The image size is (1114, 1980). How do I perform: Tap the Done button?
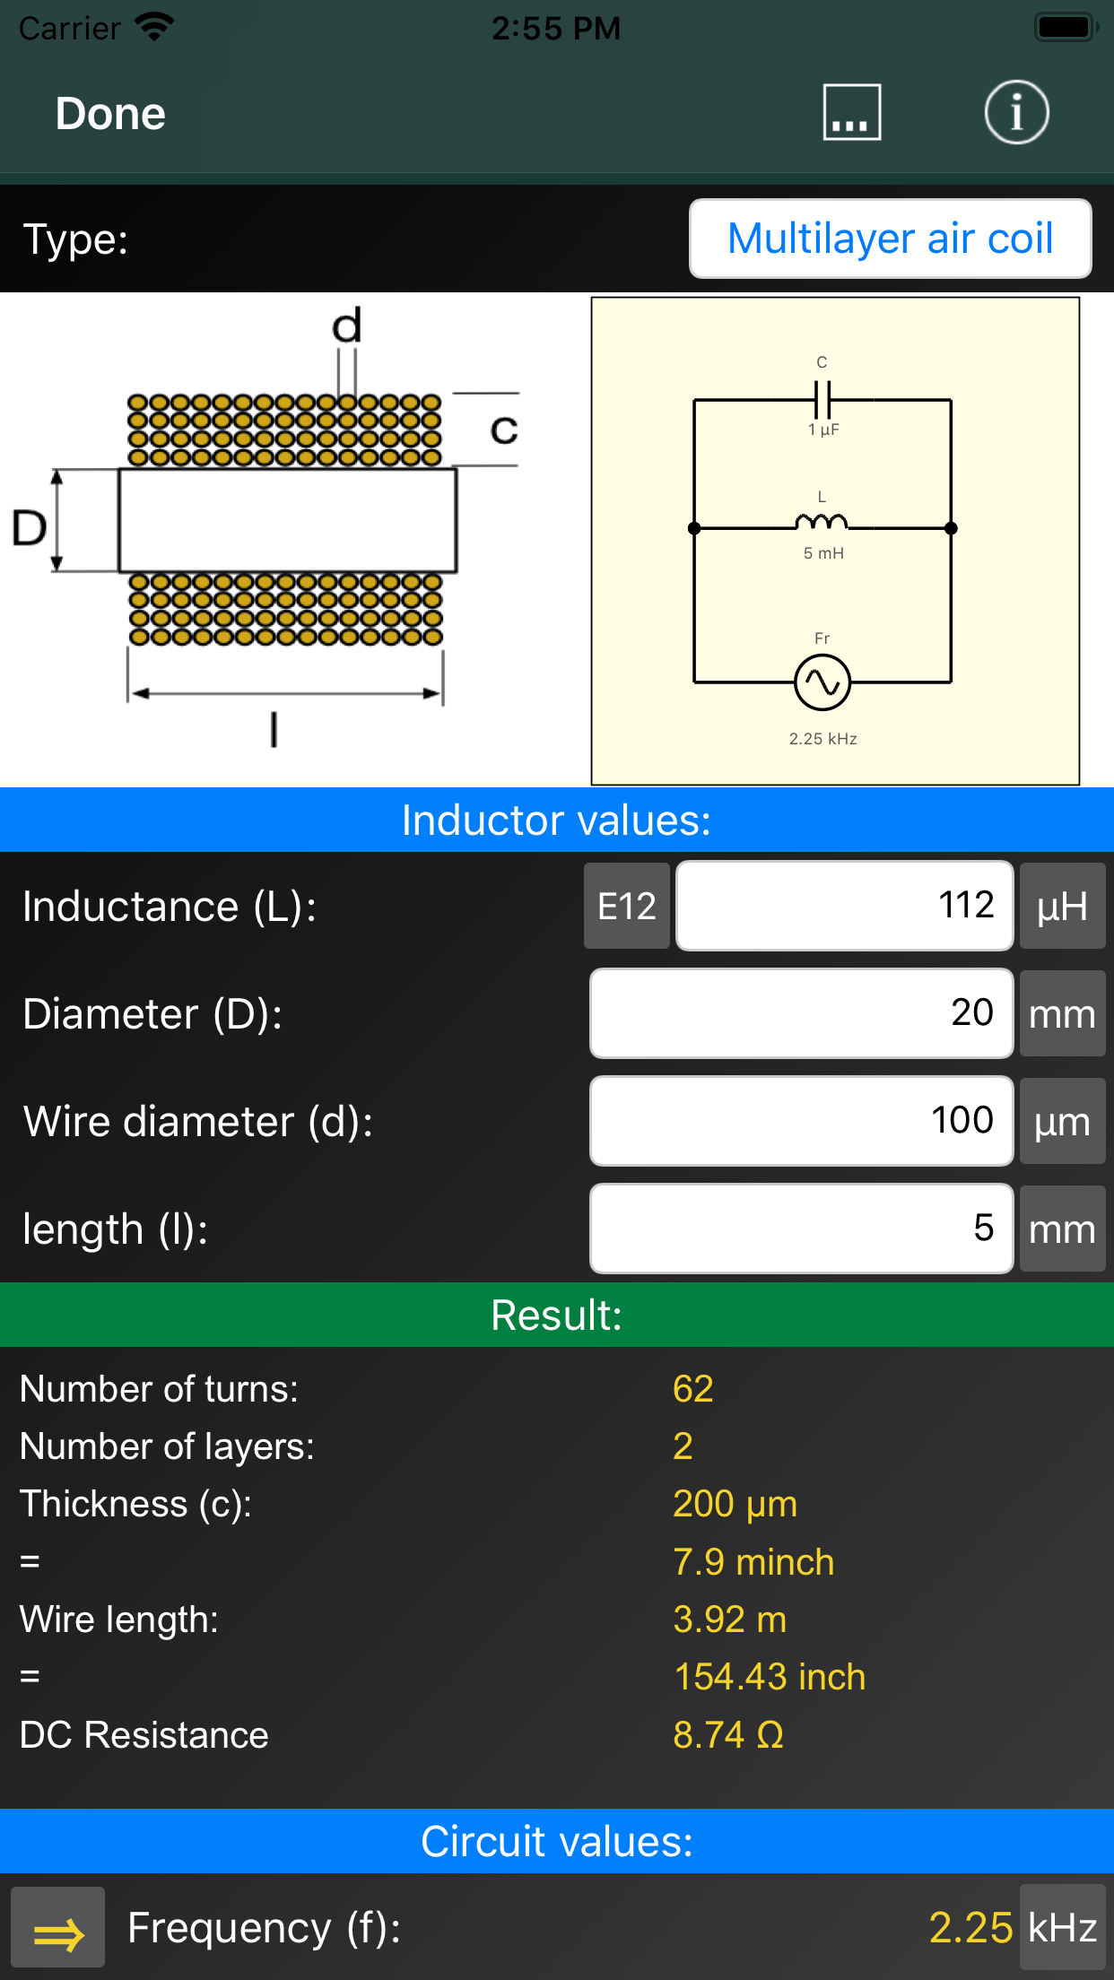[110, 114]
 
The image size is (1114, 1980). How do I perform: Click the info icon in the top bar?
[1016, 113]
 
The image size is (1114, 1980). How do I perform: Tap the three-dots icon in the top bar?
[851, 113]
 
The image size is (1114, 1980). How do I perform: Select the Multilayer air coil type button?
[890, 239]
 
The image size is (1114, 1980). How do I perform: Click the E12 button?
[627, 906]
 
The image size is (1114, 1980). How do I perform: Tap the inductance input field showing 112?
[844, 906]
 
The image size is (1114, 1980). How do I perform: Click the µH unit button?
[1062, 906]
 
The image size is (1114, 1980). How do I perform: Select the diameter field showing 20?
[801, 1013]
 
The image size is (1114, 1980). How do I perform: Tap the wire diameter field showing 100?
[801, 1121]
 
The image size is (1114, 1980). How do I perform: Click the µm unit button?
[1062, 1121]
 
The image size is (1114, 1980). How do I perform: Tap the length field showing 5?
[801, 1229]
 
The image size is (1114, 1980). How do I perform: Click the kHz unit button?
[1062, 1928]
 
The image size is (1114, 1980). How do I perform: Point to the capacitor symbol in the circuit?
[822, 398]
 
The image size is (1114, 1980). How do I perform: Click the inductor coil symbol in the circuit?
[821, 523]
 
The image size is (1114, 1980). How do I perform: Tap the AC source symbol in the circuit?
[822, 682]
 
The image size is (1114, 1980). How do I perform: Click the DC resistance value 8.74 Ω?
[728, 1735]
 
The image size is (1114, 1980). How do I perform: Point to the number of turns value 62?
[693, 1389]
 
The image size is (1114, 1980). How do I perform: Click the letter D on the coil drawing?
[30, 527]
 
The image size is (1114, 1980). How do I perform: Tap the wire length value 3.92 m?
[730, 1620]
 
